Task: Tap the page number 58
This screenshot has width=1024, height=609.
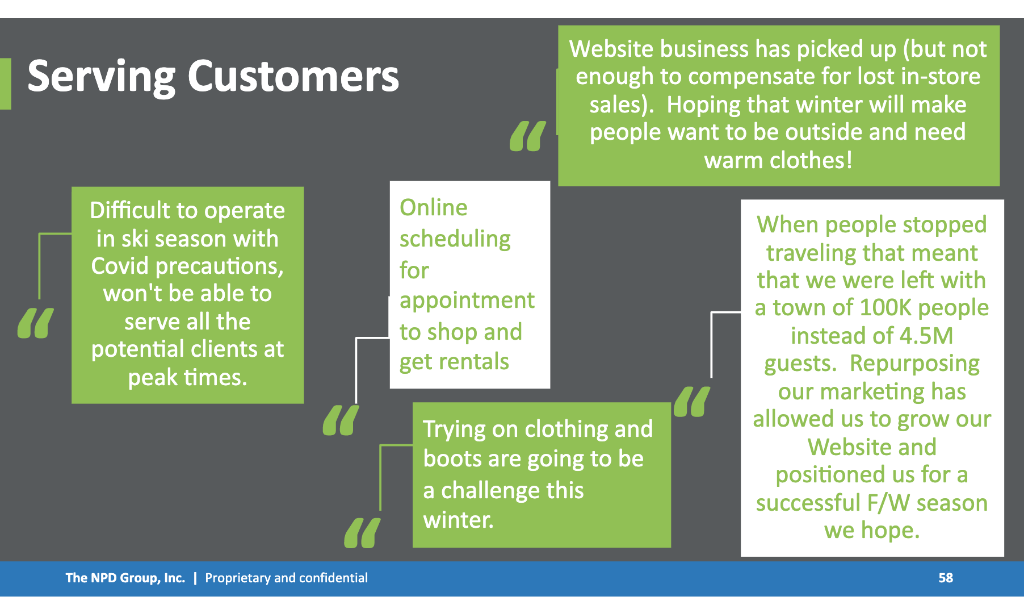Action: [x=946, y=578]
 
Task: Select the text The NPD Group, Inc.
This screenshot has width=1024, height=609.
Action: [x=125, y=578]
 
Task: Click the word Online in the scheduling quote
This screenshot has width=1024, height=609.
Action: [x=434, y=207]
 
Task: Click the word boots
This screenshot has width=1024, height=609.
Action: [x=452, y=458]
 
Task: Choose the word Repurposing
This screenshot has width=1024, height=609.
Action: [x=914, y=364]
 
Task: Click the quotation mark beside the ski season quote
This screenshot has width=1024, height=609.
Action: [x=36, y=323]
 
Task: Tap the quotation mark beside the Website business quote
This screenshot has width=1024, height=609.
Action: [x=528, y=136]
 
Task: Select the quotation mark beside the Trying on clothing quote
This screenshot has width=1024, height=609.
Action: [x=362, y=533]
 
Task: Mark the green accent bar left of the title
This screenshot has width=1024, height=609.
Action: [x=5, y=84]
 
